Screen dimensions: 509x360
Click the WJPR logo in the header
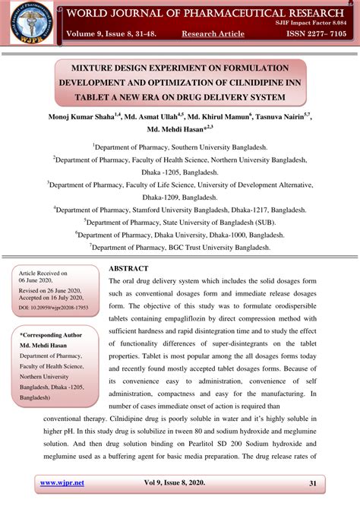point(28,22)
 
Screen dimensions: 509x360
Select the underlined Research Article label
point(213,34)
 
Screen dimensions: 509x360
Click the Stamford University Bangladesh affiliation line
point(180,209)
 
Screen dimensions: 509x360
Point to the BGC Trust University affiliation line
point(180,247)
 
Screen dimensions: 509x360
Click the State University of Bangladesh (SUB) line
point(180,222)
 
